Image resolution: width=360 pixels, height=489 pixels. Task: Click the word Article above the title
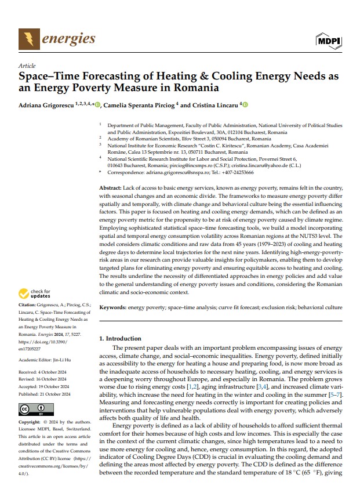point(27,66)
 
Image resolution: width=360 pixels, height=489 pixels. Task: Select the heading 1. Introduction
point(120,338)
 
